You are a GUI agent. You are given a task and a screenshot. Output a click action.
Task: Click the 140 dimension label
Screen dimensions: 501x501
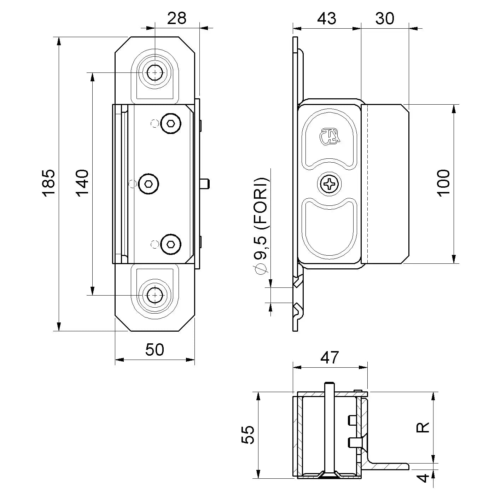pyautogui.click(x=82, y=182)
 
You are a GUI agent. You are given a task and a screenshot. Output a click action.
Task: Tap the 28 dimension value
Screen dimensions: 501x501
pyautogui.click(x=177, y=18)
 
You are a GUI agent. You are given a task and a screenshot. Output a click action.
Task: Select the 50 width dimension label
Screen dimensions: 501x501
pyautogui.click(x=155, y=350)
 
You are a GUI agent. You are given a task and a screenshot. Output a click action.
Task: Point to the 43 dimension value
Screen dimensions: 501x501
pyautogui.click(x=326, y=18)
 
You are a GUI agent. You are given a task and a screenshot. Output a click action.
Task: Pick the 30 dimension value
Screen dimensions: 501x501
pyautogui.click(x=385, y=18)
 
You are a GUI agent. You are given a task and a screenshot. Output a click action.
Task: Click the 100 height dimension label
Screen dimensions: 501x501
pyautogui.click(x=443, y=183)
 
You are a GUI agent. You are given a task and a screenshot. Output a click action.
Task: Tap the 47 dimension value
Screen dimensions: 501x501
pyautogui.click(x=330, y=357)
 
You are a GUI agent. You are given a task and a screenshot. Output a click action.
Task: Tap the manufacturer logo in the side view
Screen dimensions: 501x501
pyautogui.click(x=330, y=136)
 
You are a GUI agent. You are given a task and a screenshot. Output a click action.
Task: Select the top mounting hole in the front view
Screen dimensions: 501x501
pyautogui.click(x=155, y=73)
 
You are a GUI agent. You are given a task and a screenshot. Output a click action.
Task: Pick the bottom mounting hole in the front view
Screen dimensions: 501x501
pyautogui.click(x=155, y=295)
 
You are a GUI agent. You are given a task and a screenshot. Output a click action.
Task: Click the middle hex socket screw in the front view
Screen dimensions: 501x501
pyautogui.click(x=148, y=184)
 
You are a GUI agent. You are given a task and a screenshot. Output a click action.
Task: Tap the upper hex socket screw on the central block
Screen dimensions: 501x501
pyautogui.click(x=171, y=124)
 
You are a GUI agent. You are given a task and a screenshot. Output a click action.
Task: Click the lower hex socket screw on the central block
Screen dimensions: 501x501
pyautogui.click(x=171, y=244)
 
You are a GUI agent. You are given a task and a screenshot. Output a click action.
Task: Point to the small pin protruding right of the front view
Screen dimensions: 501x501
pyautogui.click(x=205, y=184)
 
